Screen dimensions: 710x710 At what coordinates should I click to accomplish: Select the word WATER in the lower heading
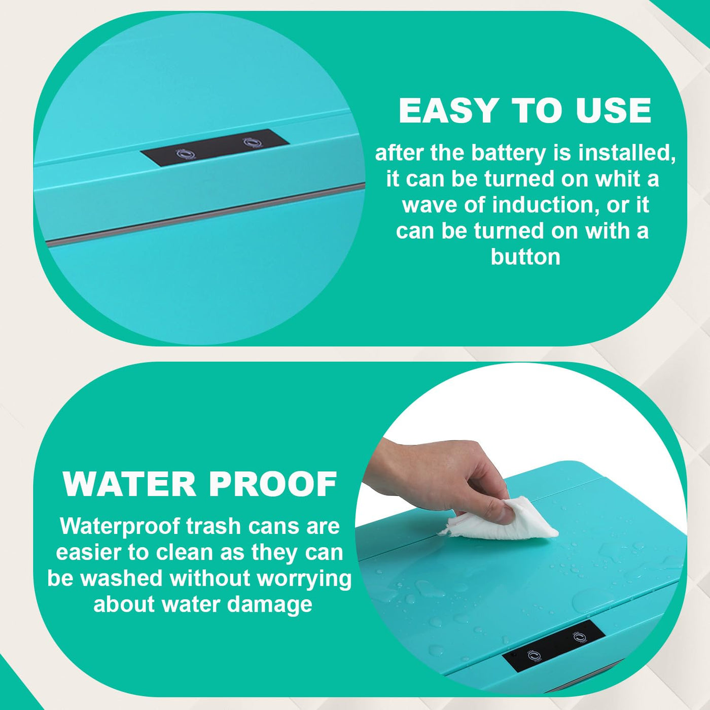[x=129, y=484]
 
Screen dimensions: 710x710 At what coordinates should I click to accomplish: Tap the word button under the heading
[x=525, y=257]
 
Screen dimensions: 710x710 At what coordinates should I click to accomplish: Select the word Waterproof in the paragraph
[x=120, y=526]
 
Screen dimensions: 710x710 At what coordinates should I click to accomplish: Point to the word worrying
[x=304, y=579]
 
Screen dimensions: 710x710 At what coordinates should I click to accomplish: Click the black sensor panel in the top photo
[x=215, y=148]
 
